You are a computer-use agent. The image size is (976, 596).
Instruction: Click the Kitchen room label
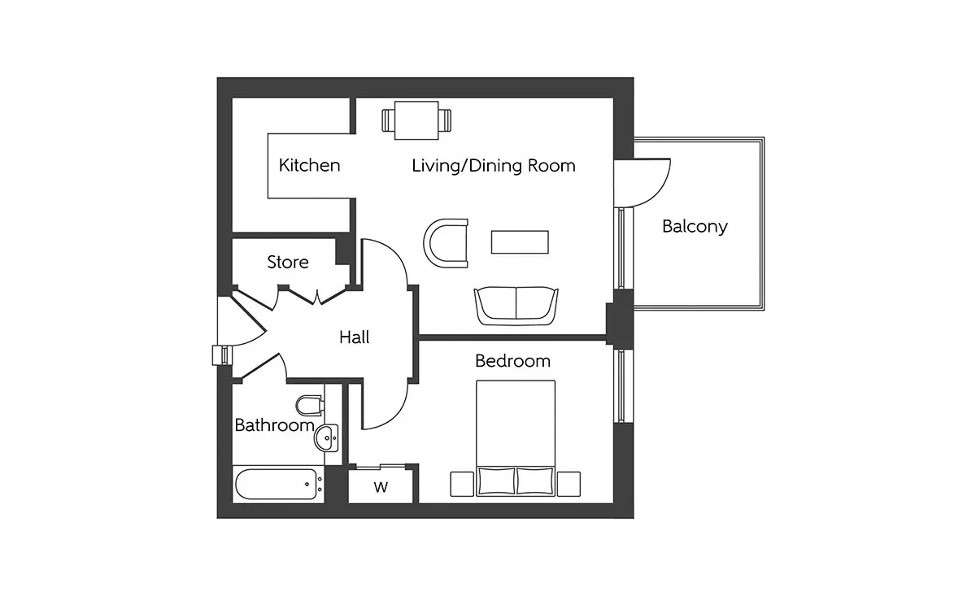pos(309,166)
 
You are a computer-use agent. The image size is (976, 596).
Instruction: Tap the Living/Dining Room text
pos(494,166)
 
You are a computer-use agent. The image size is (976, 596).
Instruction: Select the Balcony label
pos(695,227)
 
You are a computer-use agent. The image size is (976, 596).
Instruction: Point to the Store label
pos(288,262)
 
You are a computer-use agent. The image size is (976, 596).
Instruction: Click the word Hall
pos(355,337)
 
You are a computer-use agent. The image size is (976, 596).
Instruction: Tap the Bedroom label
pos(513,361)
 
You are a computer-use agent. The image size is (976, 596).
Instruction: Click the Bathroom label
pos(275,425)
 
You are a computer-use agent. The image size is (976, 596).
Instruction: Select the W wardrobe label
pos(381,487)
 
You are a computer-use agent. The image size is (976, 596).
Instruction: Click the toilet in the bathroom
pos(309,406)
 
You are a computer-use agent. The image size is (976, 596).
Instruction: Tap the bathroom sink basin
pos(326,437)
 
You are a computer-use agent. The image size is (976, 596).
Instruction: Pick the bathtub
pos(277,484)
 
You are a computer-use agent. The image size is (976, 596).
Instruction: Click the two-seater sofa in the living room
pos(516,306)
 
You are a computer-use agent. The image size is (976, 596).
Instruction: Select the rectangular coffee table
pos(520,242)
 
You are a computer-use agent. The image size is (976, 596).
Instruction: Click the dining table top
pos(416,120)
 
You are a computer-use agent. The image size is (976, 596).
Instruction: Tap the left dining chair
pos(388,120)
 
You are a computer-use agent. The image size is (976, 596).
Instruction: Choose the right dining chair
pos(445,120)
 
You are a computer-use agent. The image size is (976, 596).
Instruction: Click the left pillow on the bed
pos(496,481)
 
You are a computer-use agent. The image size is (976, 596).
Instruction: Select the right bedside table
pos(569,484)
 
